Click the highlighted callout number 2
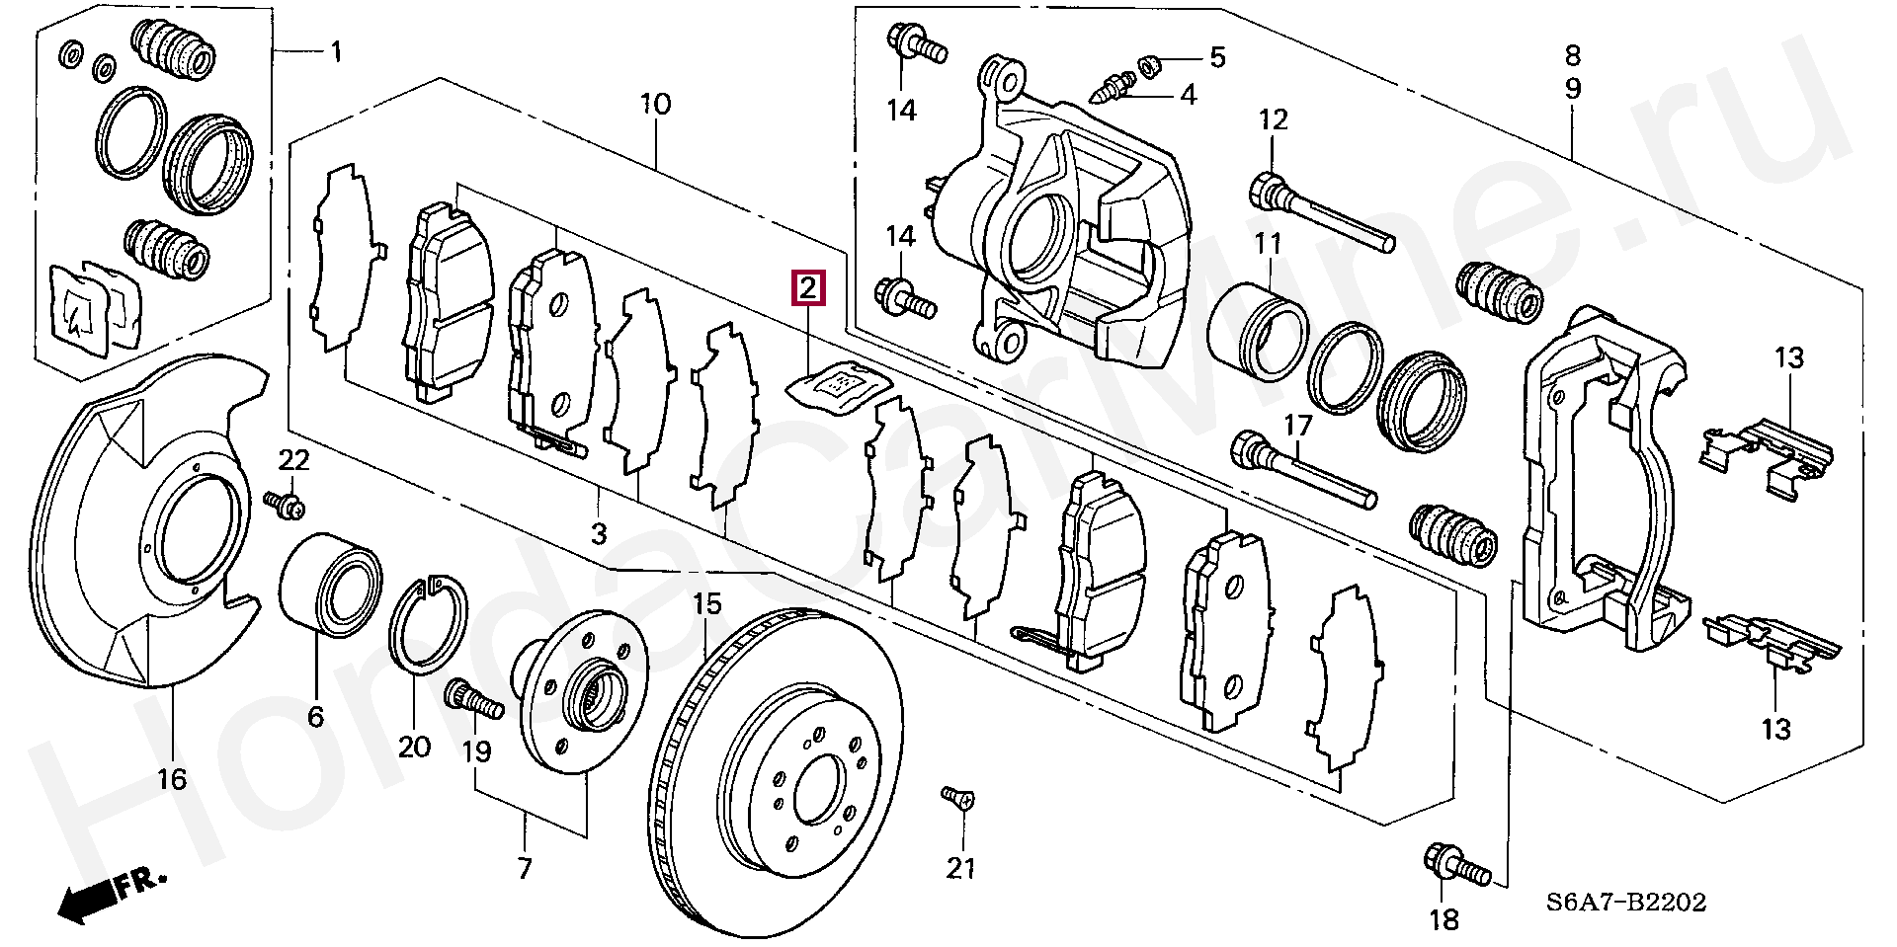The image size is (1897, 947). [806, 289]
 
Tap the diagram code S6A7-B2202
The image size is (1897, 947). [1627, 902]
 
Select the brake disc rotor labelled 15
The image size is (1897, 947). [779, 773]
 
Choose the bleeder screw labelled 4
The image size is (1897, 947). [1109, 88]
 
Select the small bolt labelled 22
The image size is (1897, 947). [285, 505]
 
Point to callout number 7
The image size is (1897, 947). [525, 868]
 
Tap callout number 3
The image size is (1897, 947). [599, 534]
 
